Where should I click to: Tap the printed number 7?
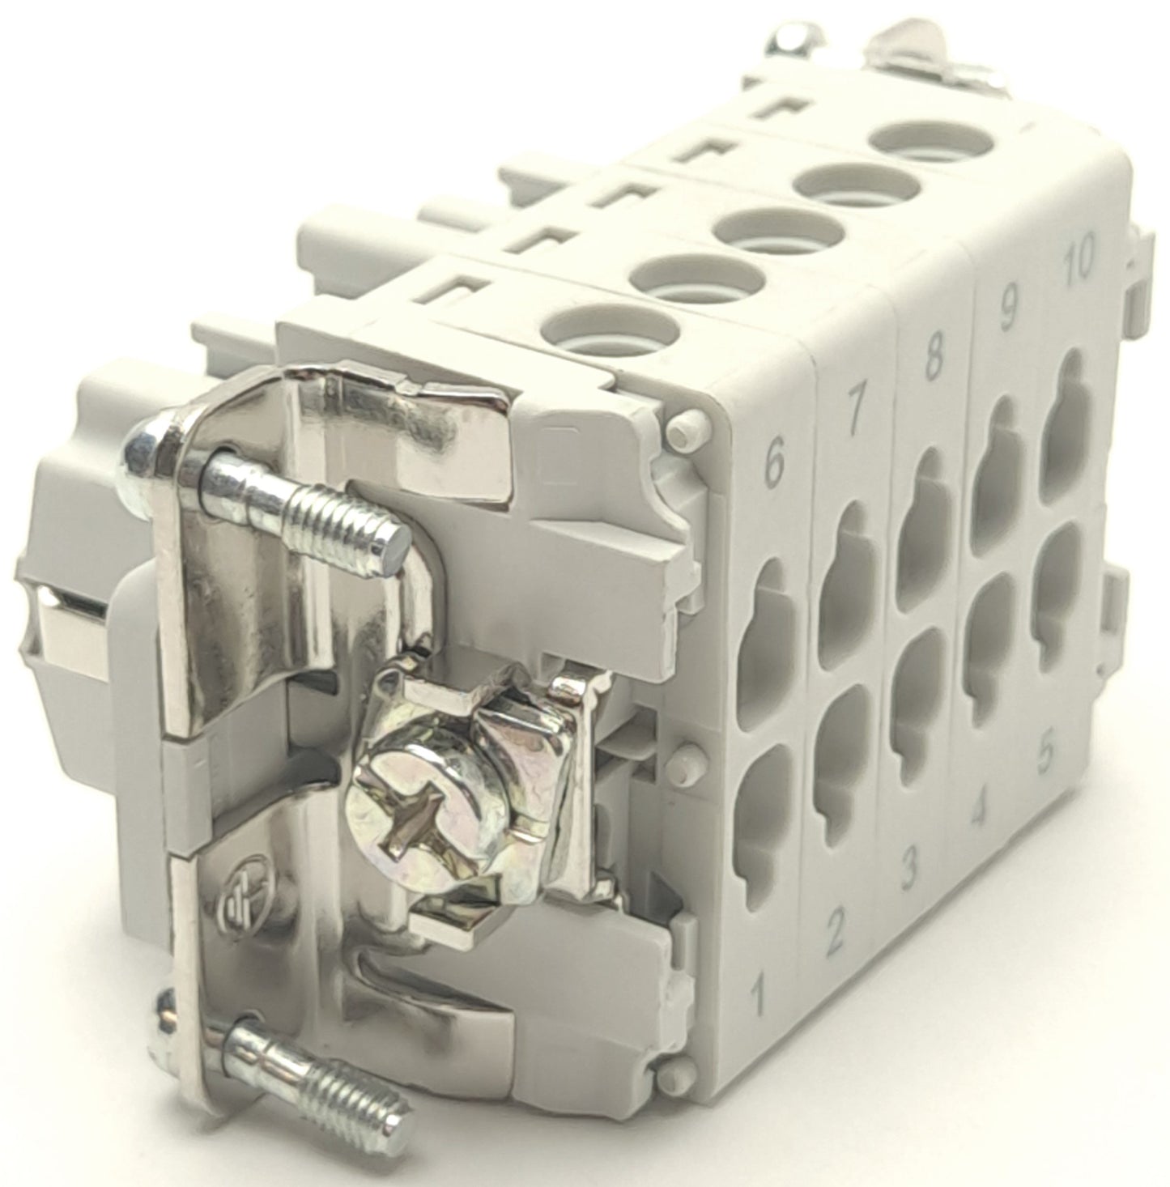tap(853, 417)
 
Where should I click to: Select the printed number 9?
tap(1008, 313)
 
